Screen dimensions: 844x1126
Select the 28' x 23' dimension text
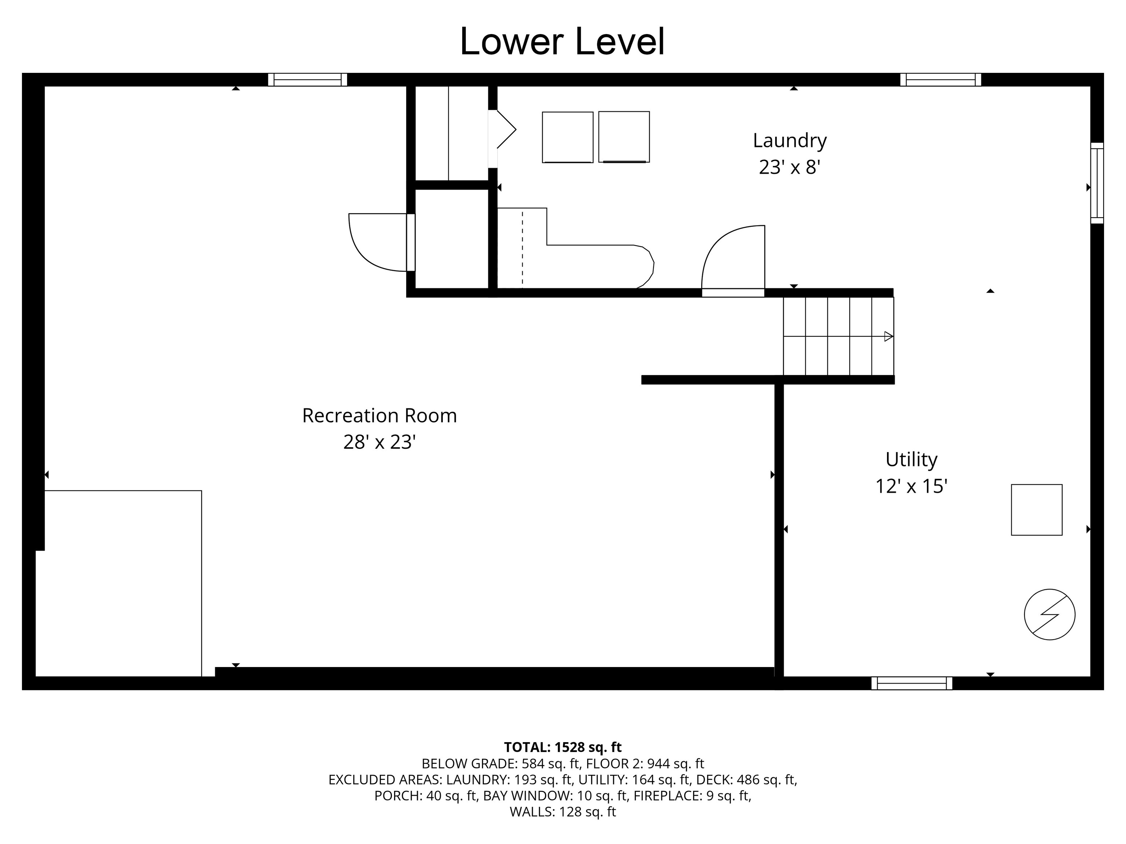(380, 442)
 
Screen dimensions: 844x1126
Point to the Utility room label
(911, 459)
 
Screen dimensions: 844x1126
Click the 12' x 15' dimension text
(911, 486)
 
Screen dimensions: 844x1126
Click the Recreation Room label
(379, 416)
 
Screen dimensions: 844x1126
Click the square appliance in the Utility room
(1037, 510)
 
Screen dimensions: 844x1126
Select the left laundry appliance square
(567, 137)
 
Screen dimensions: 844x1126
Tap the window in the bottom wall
(911, 683)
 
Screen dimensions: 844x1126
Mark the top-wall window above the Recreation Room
(308, 80)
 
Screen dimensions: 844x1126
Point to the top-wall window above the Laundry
(940, 80)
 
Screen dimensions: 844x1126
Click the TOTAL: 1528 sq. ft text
(563, 747)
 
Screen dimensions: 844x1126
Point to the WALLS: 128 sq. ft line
(563, 812)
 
